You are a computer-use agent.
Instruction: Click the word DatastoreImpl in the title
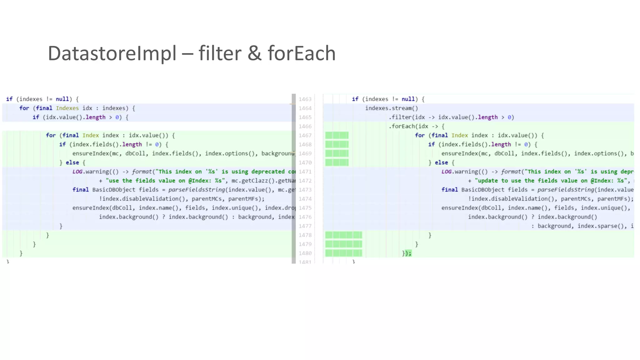112,53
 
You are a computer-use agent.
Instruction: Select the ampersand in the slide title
254,53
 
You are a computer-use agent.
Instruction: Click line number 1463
305,99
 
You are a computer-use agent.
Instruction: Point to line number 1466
305,127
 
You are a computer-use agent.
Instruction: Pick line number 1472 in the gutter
305,181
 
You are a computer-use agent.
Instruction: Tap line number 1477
305,226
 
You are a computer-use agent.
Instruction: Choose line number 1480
305,253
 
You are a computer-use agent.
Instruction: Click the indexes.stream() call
392,108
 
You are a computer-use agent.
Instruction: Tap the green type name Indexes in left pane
67,108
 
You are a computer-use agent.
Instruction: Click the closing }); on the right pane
407,253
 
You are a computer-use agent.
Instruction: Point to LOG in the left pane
77,172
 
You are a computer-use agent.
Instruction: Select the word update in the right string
487,181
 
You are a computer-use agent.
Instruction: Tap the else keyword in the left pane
72,163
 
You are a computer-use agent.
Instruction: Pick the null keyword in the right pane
408,99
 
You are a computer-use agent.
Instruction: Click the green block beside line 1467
337,136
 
